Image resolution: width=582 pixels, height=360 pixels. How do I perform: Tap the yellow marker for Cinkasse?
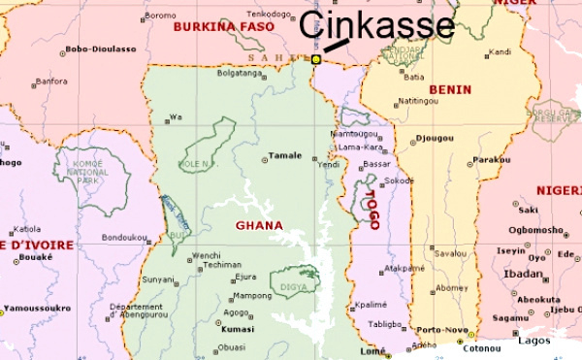coord(316,59)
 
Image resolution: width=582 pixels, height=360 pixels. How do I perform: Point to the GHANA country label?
coord(259,225)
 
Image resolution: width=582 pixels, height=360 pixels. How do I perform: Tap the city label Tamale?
coord(285,155)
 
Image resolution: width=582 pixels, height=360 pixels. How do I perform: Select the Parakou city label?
coord(491,159)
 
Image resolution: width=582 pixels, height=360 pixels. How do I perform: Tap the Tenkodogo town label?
coord(271,15)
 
